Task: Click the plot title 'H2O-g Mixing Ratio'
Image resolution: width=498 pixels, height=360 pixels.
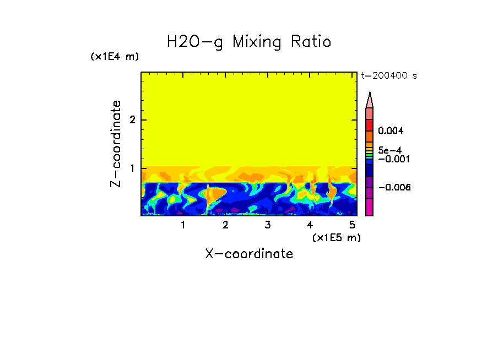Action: coord(249,42)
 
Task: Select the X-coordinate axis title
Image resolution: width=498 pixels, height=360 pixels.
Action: coord(249,254)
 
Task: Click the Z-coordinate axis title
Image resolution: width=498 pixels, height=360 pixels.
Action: coord(116,144)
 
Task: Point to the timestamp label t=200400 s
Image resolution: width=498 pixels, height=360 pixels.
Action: coord(389,76)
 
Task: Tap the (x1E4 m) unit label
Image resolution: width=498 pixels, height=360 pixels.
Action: coord(115,57)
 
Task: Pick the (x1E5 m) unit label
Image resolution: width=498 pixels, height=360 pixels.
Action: coord(336,237)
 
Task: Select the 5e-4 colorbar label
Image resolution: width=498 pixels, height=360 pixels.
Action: coord(389,150)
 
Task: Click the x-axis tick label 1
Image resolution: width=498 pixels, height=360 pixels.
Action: coord(183,225)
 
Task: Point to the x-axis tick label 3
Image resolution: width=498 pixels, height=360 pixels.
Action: coord(267,225)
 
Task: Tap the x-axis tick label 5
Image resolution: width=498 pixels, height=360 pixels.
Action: coord(352,225)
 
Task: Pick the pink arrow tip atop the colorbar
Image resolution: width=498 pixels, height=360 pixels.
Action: coord(370,100)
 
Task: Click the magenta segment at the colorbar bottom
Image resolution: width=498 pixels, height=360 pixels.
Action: coord(370,207)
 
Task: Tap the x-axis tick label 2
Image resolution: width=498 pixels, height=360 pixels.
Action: coord(225,225)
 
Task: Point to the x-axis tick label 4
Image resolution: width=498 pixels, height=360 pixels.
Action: coord(310,225)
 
